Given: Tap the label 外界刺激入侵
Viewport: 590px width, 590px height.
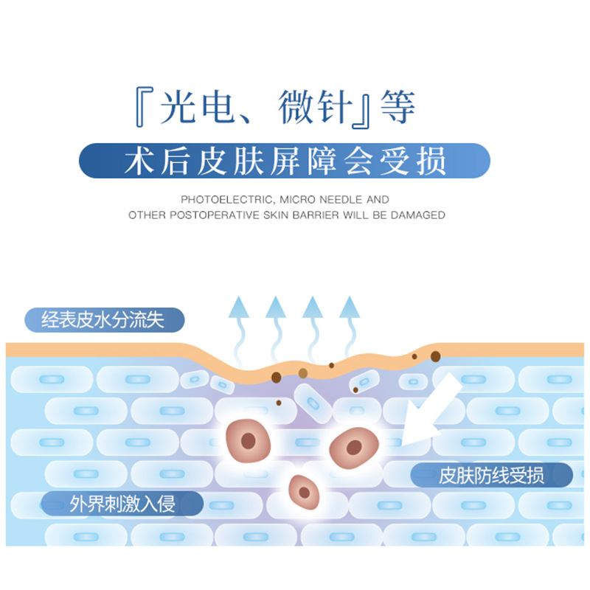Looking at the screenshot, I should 122,504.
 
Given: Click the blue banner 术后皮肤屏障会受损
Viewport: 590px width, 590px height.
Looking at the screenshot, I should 285,162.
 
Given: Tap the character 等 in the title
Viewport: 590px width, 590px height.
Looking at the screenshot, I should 398,108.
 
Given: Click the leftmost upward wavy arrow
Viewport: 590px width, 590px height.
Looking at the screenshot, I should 237,324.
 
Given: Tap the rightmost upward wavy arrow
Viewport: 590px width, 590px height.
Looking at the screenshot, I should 349,324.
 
